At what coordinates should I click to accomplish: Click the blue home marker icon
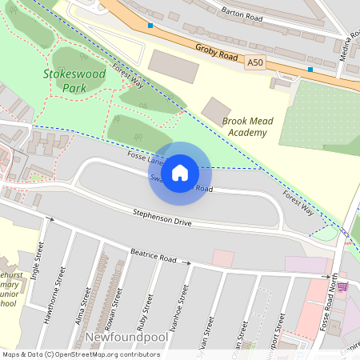click(x=180, y=172)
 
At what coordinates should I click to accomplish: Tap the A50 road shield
click(x=255, y=62)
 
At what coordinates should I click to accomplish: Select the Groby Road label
click(x=216, y=52)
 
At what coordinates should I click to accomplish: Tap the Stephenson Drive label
click(x=162, y=218)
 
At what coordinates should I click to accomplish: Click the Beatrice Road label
click(x=154, y=258)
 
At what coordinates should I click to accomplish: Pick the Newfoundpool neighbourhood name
click(x=124, y=337)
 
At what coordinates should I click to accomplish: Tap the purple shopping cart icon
click(x=342, y=286)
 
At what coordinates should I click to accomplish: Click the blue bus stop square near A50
click(x=310, y=70)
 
